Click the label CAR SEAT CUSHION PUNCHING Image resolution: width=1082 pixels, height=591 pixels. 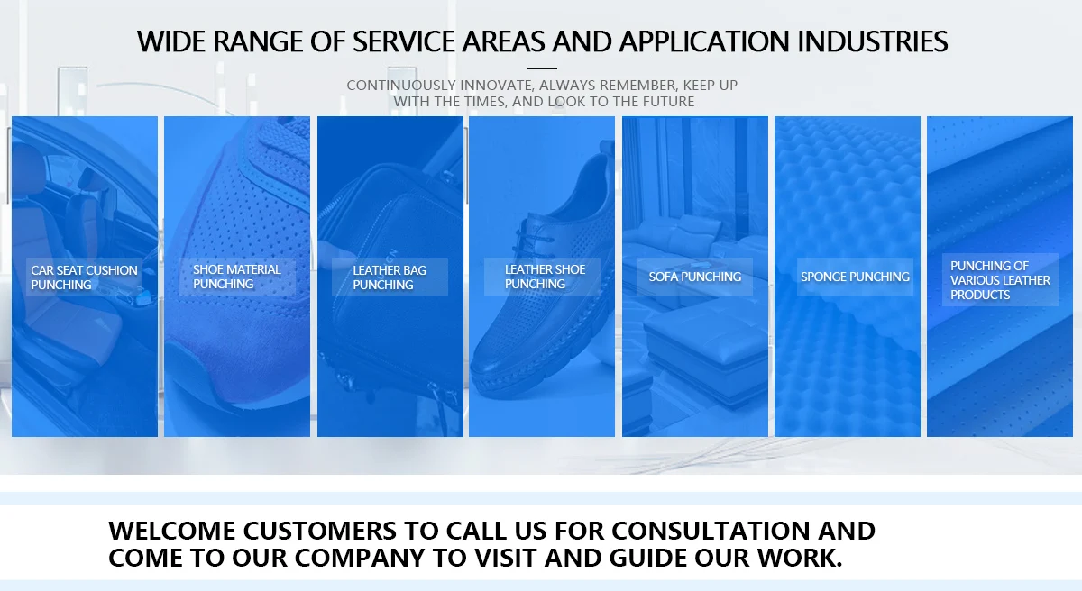[x=84, y=277]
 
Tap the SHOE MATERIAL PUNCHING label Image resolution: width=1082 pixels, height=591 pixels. [x=236, y=277]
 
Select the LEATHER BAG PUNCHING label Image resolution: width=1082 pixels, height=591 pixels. [x=390, y=277]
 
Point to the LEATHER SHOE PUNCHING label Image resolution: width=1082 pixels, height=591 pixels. [x=545, y=277]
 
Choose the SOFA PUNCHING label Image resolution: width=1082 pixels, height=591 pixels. [x=694, y=277]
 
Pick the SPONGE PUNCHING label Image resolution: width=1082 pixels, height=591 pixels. [x=855, y=277]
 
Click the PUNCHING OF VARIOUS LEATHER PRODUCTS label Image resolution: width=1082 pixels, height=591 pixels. [x=1000, y=280]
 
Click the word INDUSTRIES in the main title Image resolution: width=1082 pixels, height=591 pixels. [x=873, y=41]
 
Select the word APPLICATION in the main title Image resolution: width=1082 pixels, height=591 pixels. [x=704, y=41]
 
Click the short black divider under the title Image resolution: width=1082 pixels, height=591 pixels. [x=542, y=68]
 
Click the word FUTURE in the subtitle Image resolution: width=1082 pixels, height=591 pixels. [x=668, y=101]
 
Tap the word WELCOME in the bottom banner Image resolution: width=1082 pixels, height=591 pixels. [x=172, y=531]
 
